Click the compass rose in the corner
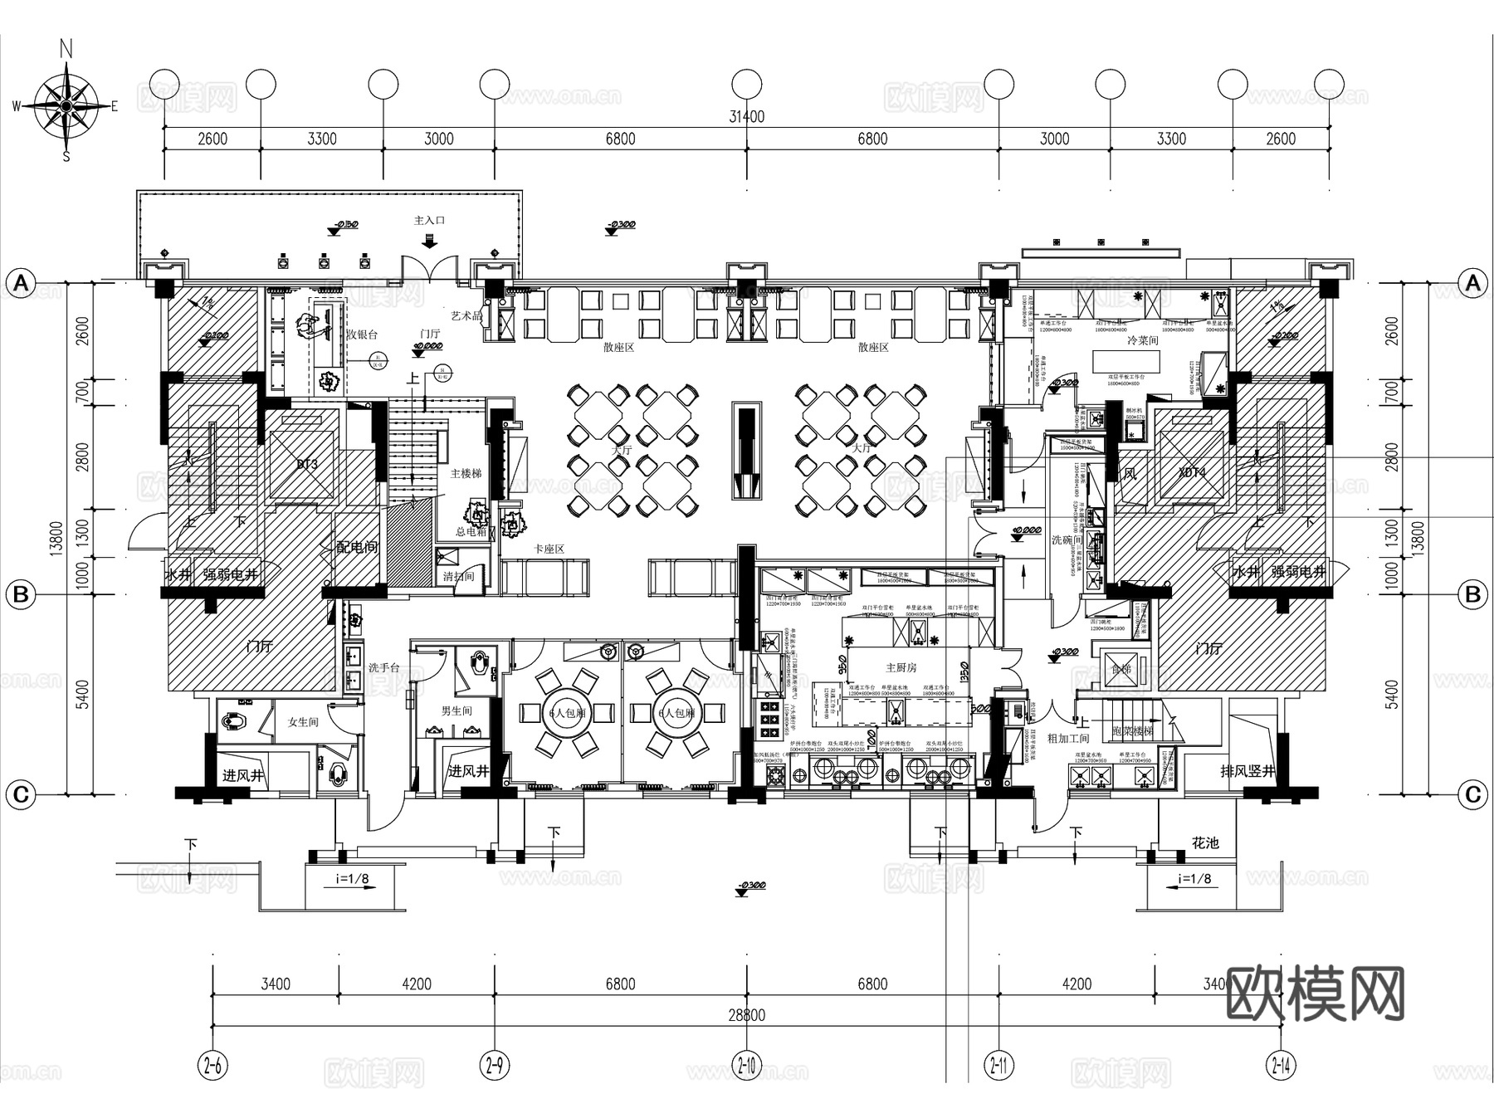(66, 105)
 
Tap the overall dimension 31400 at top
(746, 117)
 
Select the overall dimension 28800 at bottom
(746, 1015)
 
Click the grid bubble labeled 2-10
(746, 1065)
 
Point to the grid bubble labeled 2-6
(213, 1065)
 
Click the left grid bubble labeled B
(21, 594)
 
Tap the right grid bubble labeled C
(1472, 795)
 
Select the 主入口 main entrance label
(429, 221)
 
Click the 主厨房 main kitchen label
(901, 667)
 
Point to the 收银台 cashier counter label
(362, 334)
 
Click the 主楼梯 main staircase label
(466, 473)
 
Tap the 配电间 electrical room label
(357, 548)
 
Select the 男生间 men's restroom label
(456, 711)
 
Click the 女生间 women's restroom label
(303, 722)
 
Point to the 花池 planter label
(1205, 843)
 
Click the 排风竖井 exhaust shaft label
(1247, 771)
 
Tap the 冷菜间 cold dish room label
(1142, 341)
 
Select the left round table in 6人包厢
(566, 713)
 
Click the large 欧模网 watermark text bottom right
(1315, 994)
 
